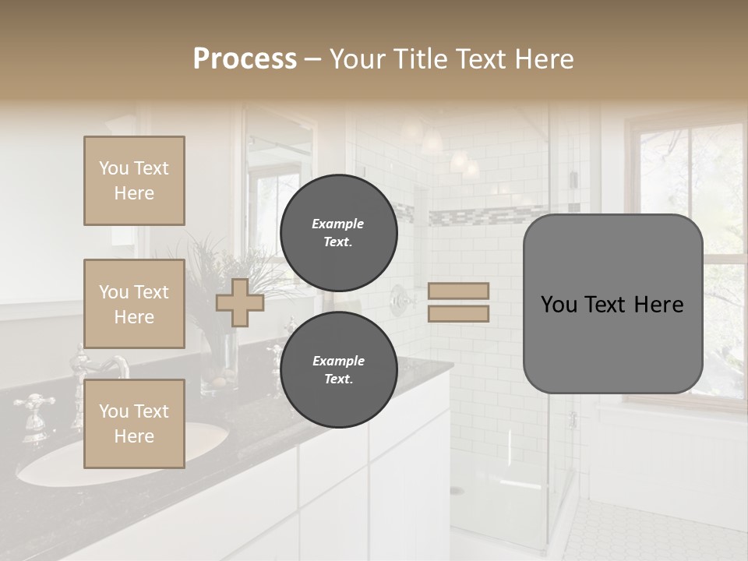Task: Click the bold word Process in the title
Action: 245,58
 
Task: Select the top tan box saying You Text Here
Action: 134,181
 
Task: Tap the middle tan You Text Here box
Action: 134,304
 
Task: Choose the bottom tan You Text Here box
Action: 134,424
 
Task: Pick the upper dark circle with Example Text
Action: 338,232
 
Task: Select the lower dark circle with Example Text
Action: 338,369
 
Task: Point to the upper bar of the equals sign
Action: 458,291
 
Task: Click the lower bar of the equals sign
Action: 458,313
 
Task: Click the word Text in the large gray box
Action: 612,305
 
